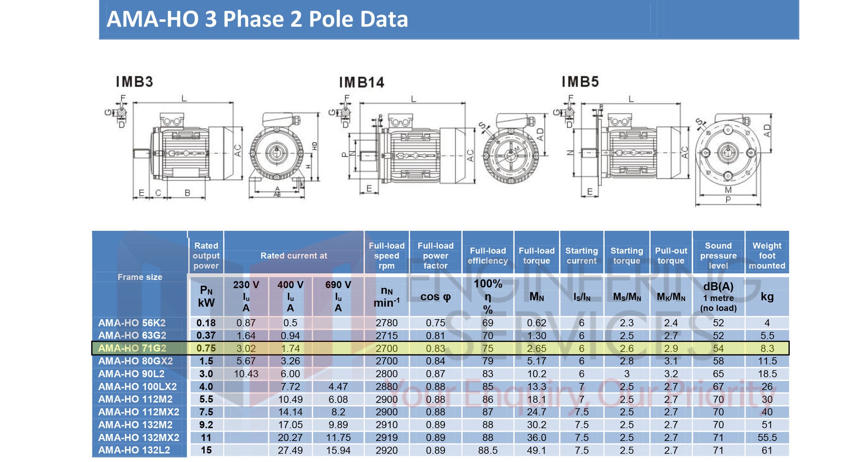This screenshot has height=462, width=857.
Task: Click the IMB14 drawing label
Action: point(362,83)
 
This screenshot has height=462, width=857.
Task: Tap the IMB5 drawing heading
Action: point(580,82)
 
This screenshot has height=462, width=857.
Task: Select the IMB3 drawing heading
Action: point(134,82)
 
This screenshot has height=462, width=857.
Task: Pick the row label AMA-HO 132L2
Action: point(134,450)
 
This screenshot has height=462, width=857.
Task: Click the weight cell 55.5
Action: point(767,438)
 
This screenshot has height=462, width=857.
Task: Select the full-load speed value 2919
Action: point(386,438)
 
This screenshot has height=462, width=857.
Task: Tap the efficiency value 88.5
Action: point(488,450)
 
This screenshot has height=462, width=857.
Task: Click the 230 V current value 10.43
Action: point(246,374)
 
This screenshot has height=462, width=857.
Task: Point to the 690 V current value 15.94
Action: point(338,450)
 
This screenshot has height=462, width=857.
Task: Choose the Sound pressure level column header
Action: point(718,256)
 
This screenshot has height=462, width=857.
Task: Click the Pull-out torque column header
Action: point(671,256)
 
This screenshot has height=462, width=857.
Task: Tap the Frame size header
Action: point(140,277)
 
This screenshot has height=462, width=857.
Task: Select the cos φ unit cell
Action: point(435,297)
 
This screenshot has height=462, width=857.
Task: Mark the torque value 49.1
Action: point(536,450)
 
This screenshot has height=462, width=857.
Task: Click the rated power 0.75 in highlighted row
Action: point(206,348)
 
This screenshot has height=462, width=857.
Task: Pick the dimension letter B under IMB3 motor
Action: point(187,193)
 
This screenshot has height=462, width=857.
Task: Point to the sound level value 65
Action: point(718,374)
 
